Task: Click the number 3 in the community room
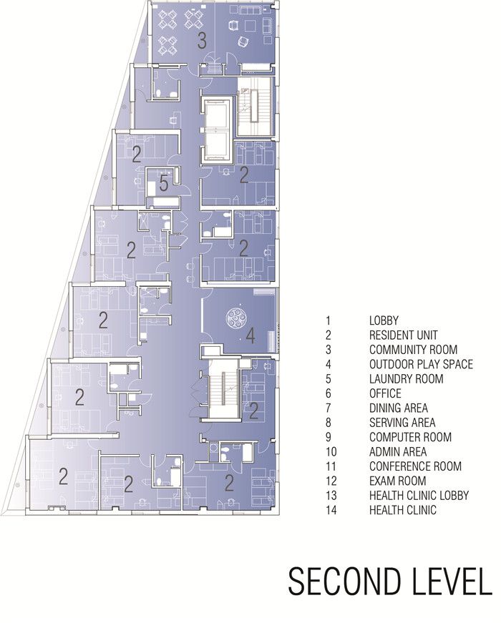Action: [202, 41]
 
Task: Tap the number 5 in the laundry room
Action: [164, 184]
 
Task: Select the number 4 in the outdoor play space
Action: [250, 336]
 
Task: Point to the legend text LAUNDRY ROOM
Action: [406, 378]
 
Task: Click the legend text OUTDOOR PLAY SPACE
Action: [421, 364]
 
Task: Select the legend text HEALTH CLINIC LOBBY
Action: [419, 496]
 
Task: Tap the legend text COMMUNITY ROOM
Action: [413, 350]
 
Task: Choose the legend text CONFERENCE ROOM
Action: [416, 466]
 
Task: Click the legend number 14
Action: [331, 510]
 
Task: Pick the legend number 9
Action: [329, 437]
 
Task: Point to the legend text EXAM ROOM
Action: [398, 481]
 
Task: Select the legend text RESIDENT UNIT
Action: [403, 335]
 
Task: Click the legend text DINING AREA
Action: [399, 408]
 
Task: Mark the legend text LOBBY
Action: [384, 320]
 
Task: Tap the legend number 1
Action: [328, 320]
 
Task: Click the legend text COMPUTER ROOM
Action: [410, 437]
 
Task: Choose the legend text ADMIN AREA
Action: [398, 452]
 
